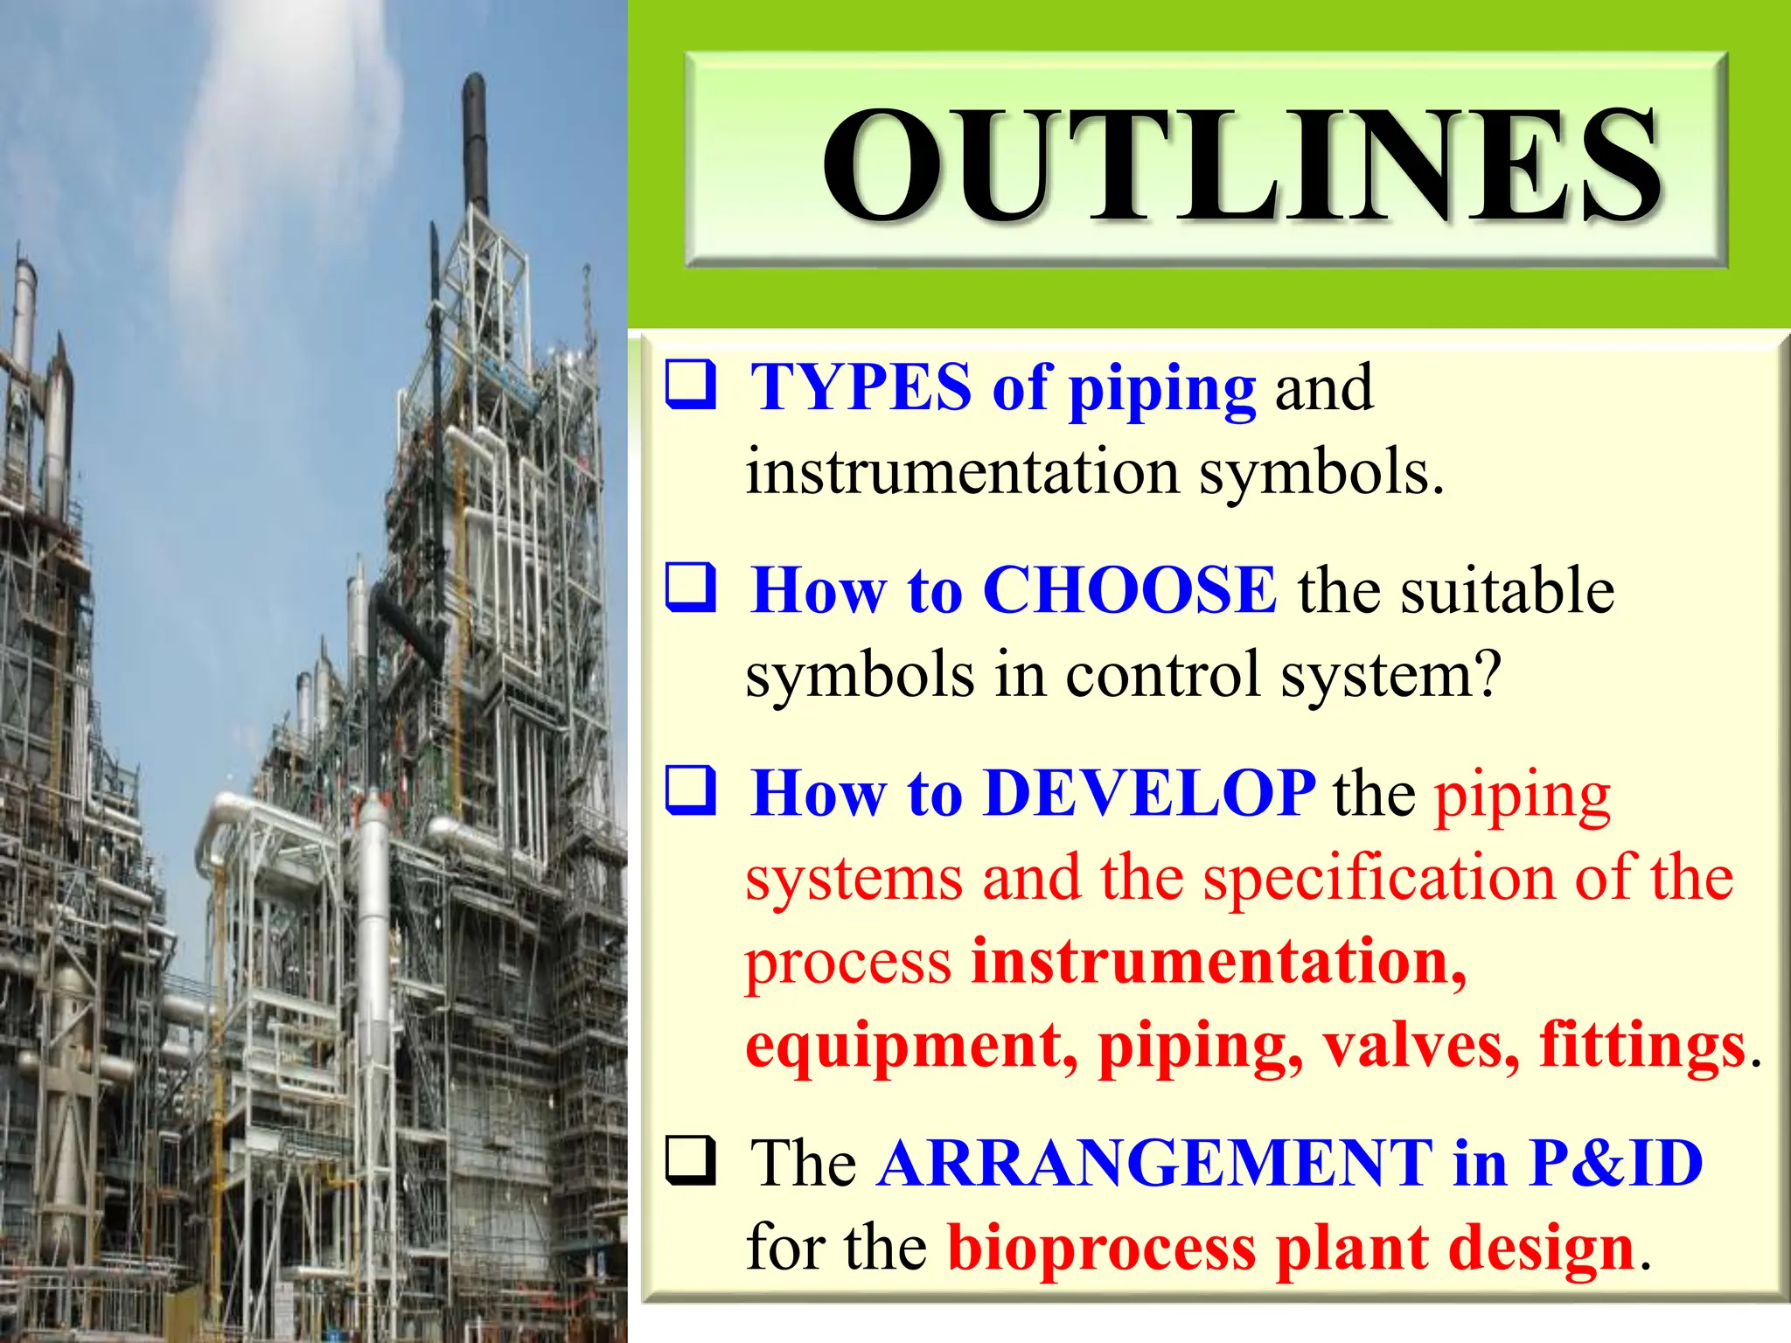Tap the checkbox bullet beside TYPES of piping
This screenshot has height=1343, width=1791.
point(691,385)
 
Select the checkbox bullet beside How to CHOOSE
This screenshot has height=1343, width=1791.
point(691,588)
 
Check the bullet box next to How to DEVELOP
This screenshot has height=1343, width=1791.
point(691,790)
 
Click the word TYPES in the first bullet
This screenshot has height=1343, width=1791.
point(861,386)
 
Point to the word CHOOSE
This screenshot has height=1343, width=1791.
point(1129,590)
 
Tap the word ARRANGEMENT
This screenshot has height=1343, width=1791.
point(1154,1163)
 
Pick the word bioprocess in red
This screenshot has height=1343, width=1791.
point(1102,1249)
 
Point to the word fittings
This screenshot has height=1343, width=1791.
point(1641,1044)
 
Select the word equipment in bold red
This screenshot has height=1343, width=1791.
point(910,1046)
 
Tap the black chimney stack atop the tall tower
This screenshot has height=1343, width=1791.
point(475,140)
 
